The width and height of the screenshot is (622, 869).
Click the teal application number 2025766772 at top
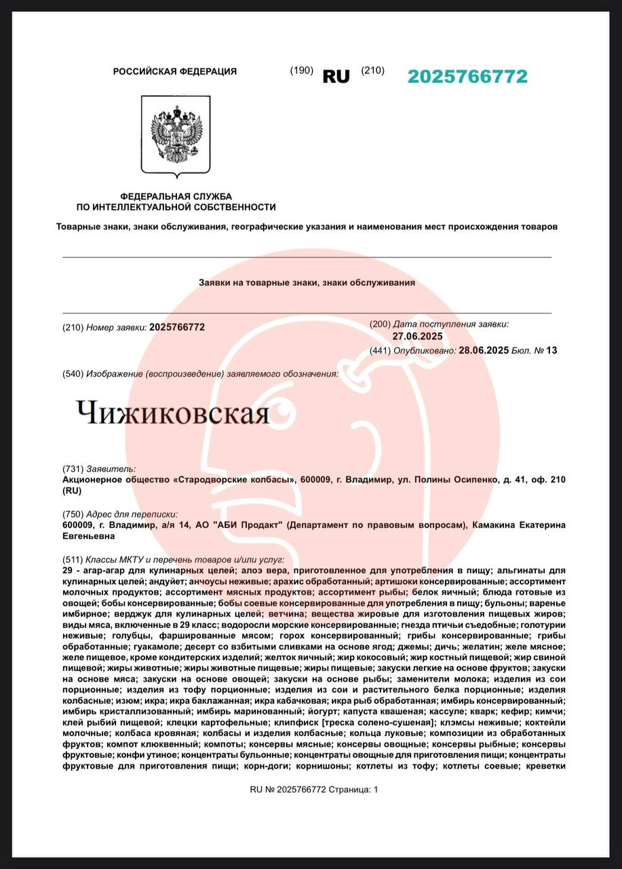coord(467,77)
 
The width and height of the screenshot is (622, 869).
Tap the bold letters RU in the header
coord(336,77)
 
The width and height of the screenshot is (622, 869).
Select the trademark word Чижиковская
coord(172,412)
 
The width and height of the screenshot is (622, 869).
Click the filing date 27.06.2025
coord(417,336)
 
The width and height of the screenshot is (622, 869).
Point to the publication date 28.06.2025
coord(484,350)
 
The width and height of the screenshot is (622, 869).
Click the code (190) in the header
coord(301,71)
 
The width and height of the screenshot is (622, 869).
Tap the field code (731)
coord(73,468)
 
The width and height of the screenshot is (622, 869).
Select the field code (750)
coord(73,514)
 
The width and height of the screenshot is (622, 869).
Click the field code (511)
coord(73,560)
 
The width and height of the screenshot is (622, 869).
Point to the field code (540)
coord(73,374)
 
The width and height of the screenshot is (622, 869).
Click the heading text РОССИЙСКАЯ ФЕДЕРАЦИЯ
coord(174,71)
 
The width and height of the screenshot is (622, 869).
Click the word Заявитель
coord(111,468)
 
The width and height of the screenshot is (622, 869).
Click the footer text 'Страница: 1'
coord(353,790)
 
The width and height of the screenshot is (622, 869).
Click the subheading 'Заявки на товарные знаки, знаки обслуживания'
coord(307,282)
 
